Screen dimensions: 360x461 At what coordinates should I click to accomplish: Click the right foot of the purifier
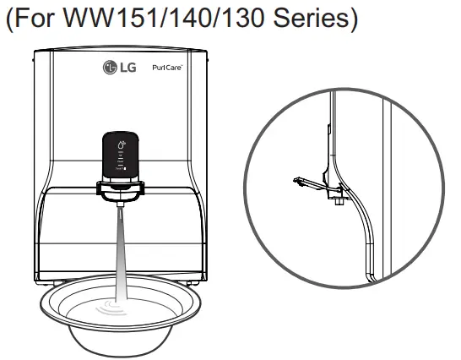coord(193,281)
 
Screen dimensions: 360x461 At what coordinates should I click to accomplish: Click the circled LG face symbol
coord(109,68)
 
